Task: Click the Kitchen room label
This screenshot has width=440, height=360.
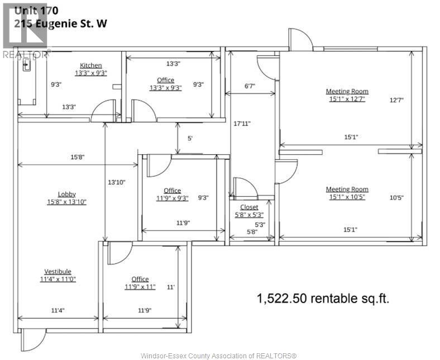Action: [91, 65]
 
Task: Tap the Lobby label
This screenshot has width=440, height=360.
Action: [66, 194]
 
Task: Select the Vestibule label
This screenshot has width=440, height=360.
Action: [58, 272]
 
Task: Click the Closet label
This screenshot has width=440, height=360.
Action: [249, 207]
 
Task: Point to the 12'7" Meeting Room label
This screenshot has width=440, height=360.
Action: [347, 91]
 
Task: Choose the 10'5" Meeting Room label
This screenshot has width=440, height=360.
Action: [347, 190]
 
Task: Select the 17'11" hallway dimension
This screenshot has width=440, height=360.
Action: [242, 124]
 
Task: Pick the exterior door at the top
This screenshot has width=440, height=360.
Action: [300, 40]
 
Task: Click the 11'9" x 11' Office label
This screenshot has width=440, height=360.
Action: [140, 279]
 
